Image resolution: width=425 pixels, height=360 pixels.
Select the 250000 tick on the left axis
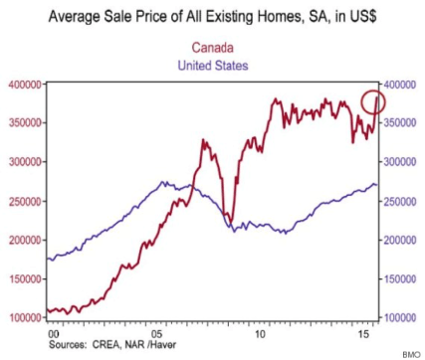pos(25,201)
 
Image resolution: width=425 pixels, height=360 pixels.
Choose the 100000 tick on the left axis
pos(25,317)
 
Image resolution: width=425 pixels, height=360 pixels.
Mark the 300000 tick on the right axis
pos(402,162)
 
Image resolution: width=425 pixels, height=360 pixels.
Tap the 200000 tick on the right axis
pos(402,240)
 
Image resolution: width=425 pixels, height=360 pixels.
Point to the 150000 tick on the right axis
pos(402,278)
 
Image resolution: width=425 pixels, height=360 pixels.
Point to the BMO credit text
pos(410,353)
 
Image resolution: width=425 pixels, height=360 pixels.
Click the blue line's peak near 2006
pos(162,183)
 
